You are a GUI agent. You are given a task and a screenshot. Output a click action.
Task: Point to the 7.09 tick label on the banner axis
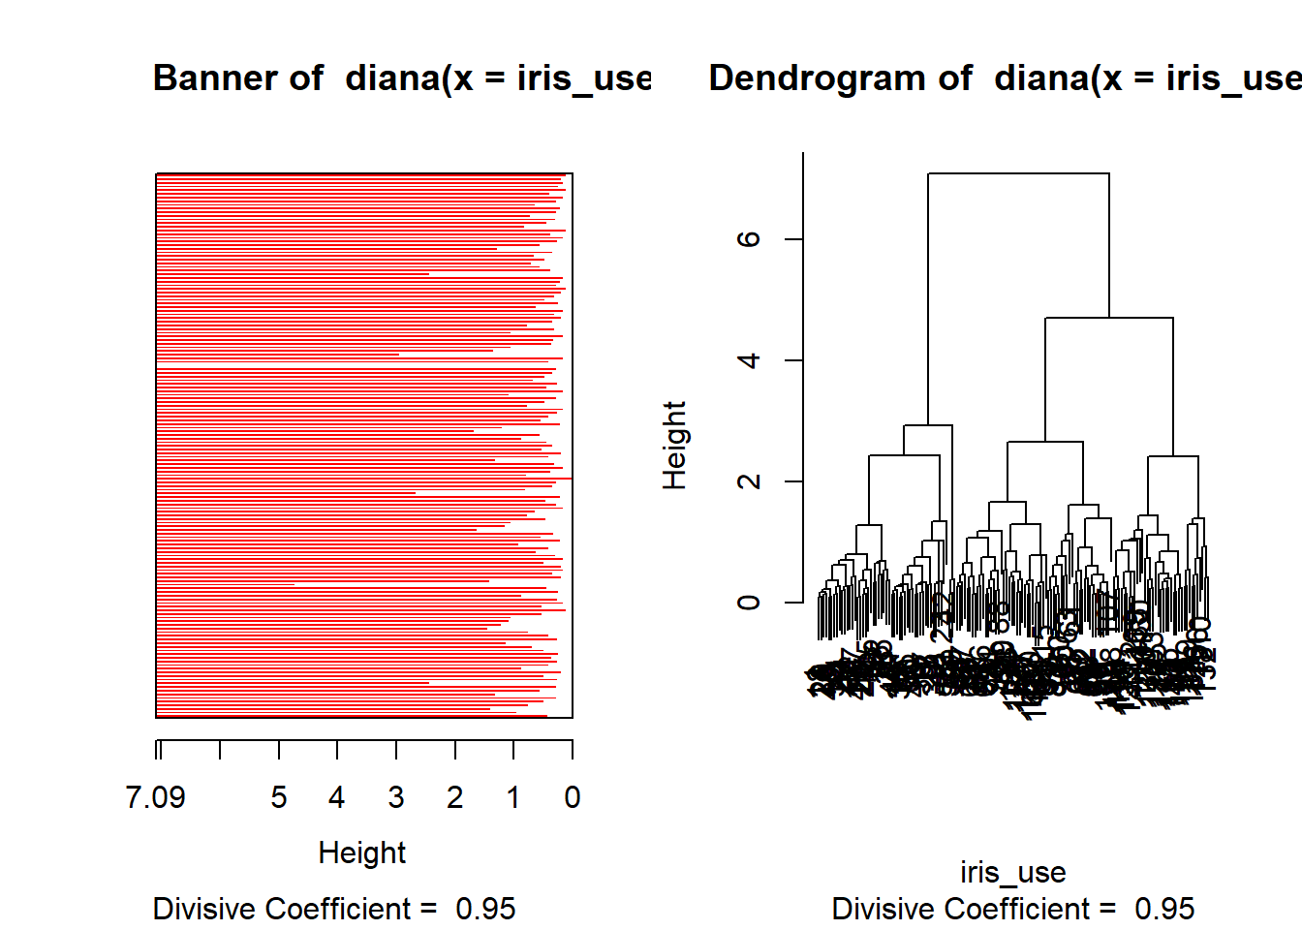click(155, 797)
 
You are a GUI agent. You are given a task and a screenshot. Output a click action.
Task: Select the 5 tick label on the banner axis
click(279, 797)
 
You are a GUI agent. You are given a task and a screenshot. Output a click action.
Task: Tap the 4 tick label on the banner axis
click(337, 797)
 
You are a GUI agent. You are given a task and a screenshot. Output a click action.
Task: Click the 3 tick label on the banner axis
click(396, 797)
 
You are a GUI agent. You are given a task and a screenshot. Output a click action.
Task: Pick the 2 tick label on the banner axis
click(455, 797)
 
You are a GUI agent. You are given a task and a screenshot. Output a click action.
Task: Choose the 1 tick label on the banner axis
click(513, 797)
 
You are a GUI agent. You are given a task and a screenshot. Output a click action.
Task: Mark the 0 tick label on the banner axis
click(573, 797)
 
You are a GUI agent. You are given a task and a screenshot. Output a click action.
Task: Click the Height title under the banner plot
click(362, 852)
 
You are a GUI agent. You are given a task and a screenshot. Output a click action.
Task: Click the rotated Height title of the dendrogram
click(674, 446)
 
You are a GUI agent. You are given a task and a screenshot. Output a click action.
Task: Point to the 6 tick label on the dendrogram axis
click(749, 239)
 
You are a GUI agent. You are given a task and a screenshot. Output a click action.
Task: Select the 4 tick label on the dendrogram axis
click(749, 360)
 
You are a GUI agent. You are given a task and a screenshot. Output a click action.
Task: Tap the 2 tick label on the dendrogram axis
click(749, 481)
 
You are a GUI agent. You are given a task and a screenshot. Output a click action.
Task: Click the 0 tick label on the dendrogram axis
click(749, 603)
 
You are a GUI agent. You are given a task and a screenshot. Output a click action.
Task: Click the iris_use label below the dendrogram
click(1012, 872)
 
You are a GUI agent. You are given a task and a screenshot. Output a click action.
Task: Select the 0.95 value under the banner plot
click(485, 909)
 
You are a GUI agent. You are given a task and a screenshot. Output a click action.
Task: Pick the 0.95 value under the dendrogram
click(1164, 909)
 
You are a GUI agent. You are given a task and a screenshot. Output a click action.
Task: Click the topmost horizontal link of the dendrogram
click(1018, 173)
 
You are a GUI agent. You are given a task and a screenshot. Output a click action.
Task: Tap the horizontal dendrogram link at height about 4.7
click(1109, 318)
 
